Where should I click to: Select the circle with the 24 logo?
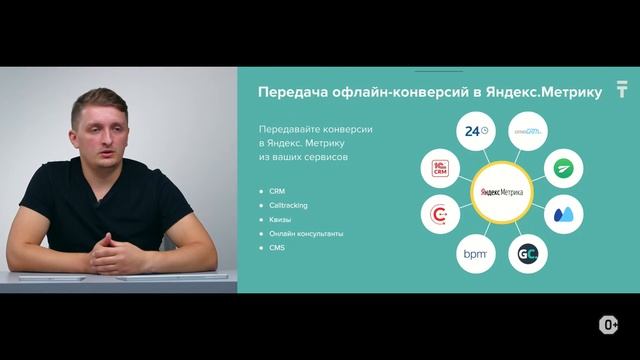click(475, 130)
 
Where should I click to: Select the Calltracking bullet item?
click(289, 205)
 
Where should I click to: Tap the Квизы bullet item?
click(281, 219)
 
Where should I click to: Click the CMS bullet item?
click(277, 247)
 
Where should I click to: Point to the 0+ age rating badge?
click(608, 325)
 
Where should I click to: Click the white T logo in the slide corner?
click(622, 91)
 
